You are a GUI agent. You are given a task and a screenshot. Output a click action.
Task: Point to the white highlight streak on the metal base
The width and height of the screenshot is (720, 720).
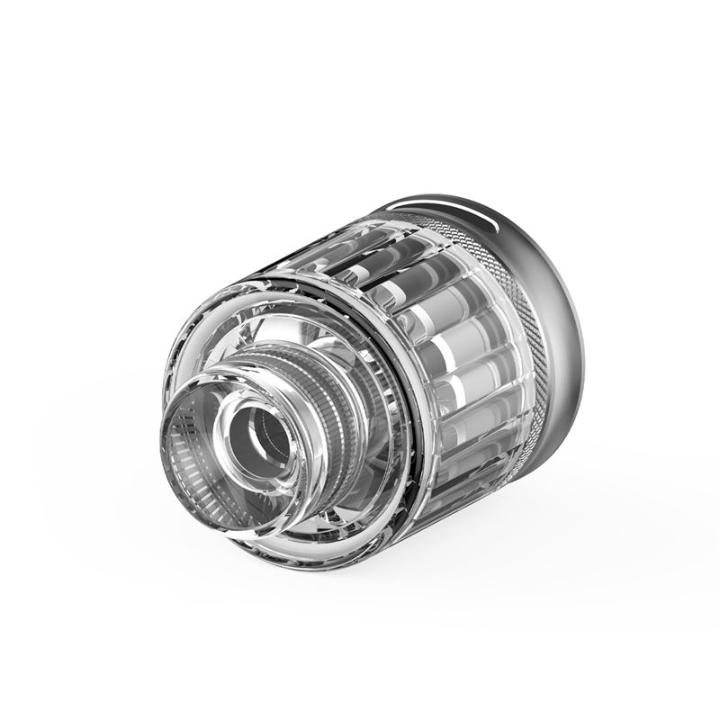481,216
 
